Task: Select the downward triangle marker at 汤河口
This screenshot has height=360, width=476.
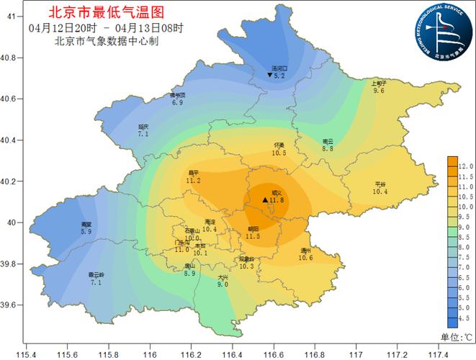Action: click(x=269, y=75)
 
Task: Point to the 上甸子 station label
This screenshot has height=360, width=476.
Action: click(x=379, y=83)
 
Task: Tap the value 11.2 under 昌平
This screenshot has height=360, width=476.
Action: click(x=192, y=181)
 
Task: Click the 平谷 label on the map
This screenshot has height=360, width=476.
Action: click(x=380, y=184)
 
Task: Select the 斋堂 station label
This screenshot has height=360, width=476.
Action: click(x=86, y=225)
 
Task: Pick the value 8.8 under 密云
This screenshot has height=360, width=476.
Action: click(x=328, y=149)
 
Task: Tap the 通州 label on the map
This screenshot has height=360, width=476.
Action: click(x=305, y=250)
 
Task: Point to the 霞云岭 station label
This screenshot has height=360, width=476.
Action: click(x=96, y=275)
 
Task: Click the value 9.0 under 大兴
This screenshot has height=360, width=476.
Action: click(x=223, y=285)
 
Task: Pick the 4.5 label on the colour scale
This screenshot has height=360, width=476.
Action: click(x=465, y=316)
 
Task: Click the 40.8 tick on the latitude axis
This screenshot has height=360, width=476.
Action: click(x=11, y=57)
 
